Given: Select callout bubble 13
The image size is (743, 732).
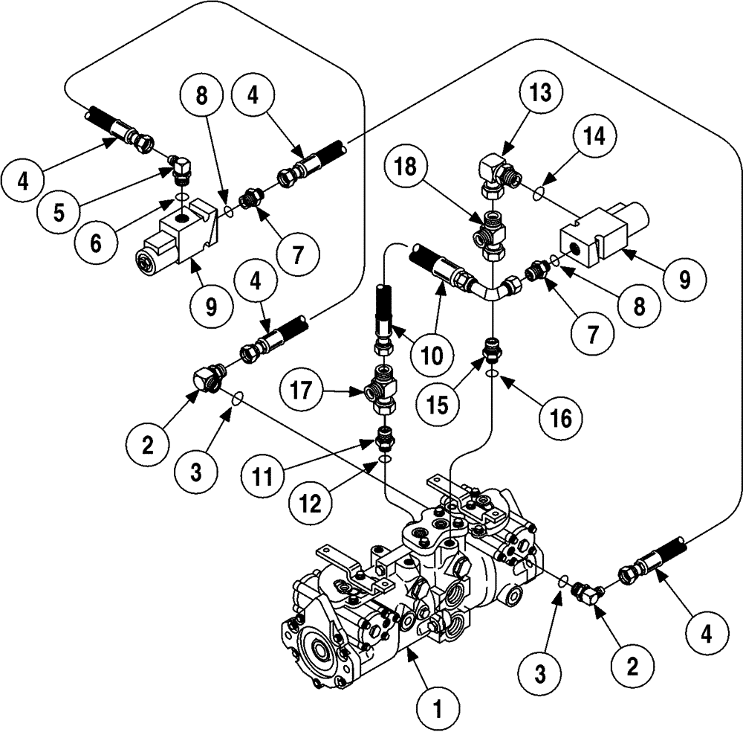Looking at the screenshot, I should click(x=542, y=96).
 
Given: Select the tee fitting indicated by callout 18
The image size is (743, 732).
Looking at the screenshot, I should click(x=490, y=232).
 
